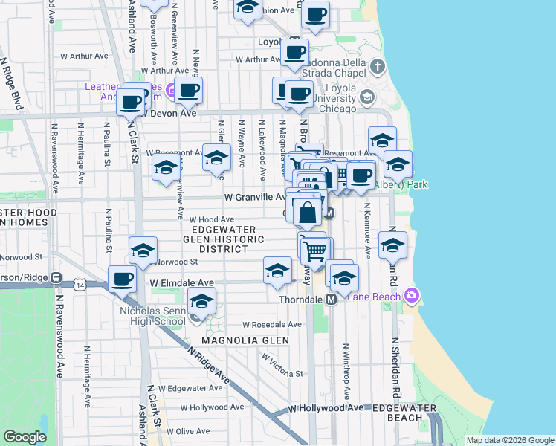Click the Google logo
tap(25, 436)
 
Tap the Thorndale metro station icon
tap(332, 299)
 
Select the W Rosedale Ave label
tap(272, 325)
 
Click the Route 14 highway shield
tap(80, 284)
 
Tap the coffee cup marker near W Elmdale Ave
tap(123, 280)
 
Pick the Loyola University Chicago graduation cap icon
tap(366, 97)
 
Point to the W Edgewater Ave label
tap(195, 388)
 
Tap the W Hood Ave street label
tap(212, 220)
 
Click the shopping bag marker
tap(307, 214)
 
